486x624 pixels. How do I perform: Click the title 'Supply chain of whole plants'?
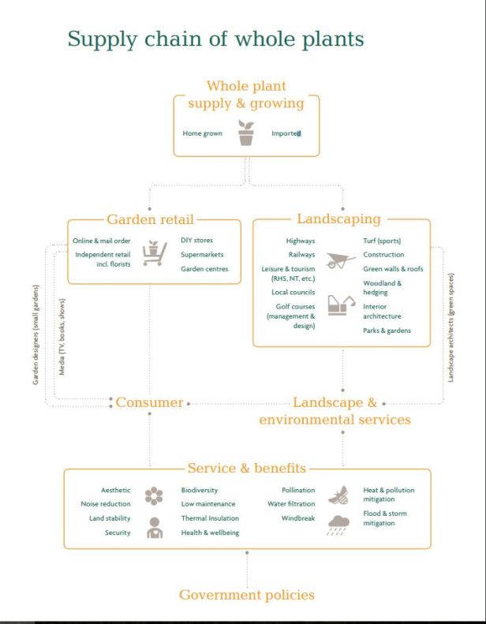215,39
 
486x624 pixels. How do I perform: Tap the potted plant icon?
246,133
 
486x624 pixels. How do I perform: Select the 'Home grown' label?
202,133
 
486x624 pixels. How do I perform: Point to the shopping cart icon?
155,253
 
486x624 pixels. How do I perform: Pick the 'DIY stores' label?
196,240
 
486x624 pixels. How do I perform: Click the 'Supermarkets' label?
202,254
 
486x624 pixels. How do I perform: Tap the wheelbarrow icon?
341,260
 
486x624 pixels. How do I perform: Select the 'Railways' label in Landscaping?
301,255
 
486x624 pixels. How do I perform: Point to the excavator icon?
341,305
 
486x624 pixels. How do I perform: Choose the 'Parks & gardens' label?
387,331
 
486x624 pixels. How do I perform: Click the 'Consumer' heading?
149,403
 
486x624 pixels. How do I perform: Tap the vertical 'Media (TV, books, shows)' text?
62,336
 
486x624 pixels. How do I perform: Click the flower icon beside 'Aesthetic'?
155,496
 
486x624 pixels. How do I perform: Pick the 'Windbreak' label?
298,518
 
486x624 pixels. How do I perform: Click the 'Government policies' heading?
247,595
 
